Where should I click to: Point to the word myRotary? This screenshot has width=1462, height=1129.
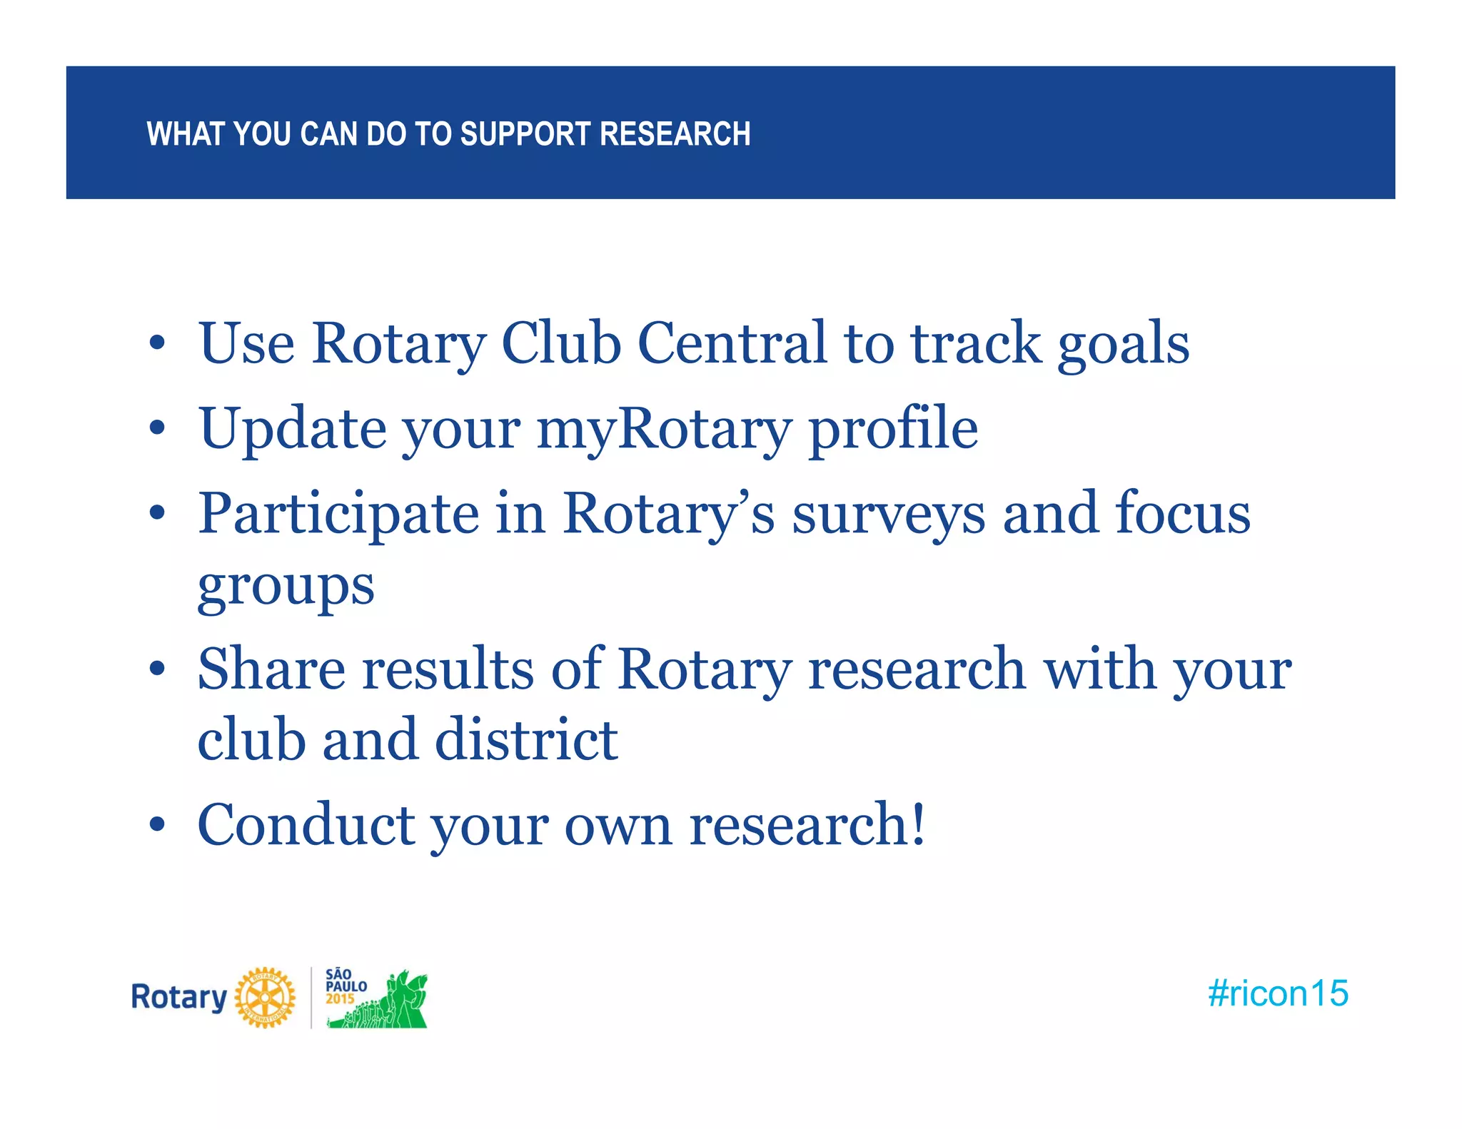(x=663, y=430)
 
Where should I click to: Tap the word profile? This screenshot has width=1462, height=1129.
(x=893, y=430)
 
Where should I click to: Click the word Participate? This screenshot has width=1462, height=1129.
(x=338, y=514)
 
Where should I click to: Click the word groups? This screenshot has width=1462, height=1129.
(x=286, y=587)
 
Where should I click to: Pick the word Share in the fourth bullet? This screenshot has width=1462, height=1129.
(x=271, y=669)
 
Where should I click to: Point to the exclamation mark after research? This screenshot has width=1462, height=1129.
(x=918, y=823)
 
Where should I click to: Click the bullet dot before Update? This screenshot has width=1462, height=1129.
(x=157, y=429)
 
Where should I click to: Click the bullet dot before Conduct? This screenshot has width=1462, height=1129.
(x=157, y=825)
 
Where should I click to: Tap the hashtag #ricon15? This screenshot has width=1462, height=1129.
(x=1277, y=993)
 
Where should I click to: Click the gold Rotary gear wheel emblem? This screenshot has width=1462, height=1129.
(x=265, y=997)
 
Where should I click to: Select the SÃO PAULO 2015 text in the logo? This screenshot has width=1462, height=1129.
(x=346, y=987)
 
